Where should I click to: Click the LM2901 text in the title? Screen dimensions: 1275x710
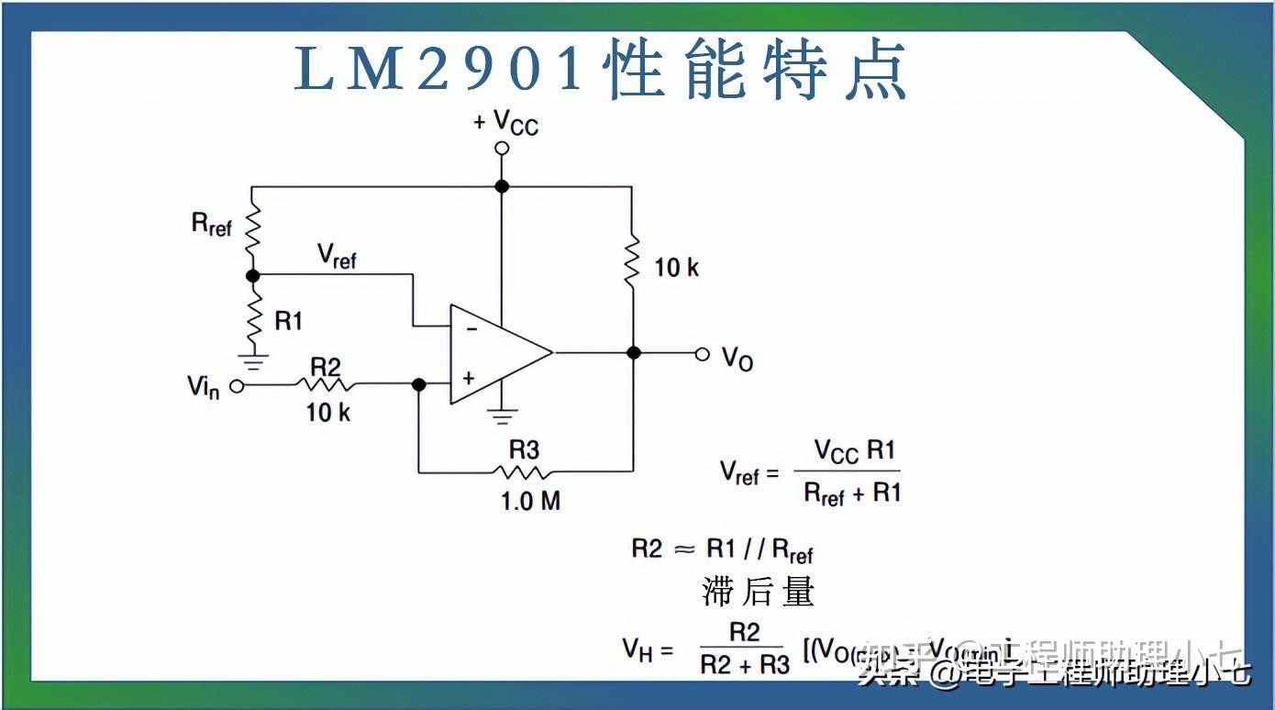click(438, 70)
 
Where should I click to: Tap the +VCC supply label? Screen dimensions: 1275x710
click(505, 122)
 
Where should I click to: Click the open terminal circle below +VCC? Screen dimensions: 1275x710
click(501, 148)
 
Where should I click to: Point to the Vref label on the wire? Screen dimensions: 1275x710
click(336, 257)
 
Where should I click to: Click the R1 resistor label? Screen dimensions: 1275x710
click(288, 320)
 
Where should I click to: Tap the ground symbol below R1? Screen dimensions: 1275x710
click(253, 361)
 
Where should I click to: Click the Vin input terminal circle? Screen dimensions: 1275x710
click(237, 386)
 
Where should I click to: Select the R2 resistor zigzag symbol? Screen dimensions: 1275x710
click(326, 385)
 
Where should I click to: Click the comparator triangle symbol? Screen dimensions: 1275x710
click(495, 353)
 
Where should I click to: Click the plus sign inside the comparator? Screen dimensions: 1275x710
click(469, 378)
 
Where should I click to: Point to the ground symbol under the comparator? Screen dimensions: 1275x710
click(501, 416)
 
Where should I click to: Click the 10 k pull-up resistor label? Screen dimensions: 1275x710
click(676, 268)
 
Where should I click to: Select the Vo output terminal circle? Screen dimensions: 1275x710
click(703, 353)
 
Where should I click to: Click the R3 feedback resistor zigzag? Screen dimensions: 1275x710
click(524, 471)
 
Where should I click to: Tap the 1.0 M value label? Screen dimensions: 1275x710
click(530, 501)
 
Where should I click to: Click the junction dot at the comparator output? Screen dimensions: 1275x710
click(633, 353)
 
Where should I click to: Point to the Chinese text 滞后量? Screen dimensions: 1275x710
click(758, 592)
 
